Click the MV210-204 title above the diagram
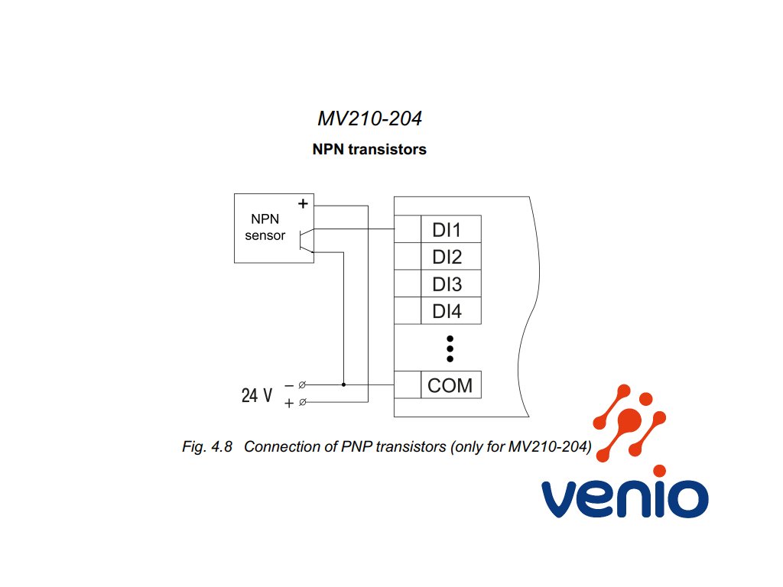369,118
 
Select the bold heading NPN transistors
369,149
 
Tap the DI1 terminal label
447,230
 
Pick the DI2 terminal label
447,257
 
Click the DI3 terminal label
447,284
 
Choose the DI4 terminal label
447,312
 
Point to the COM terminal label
450,385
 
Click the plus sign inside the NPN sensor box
303,203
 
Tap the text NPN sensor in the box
265,227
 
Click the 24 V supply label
257,395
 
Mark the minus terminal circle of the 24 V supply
302,385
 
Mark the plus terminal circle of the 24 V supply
302,402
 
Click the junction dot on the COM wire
343,385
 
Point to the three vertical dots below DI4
450,349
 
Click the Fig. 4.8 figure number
207,446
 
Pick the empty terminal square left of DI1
408,229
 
